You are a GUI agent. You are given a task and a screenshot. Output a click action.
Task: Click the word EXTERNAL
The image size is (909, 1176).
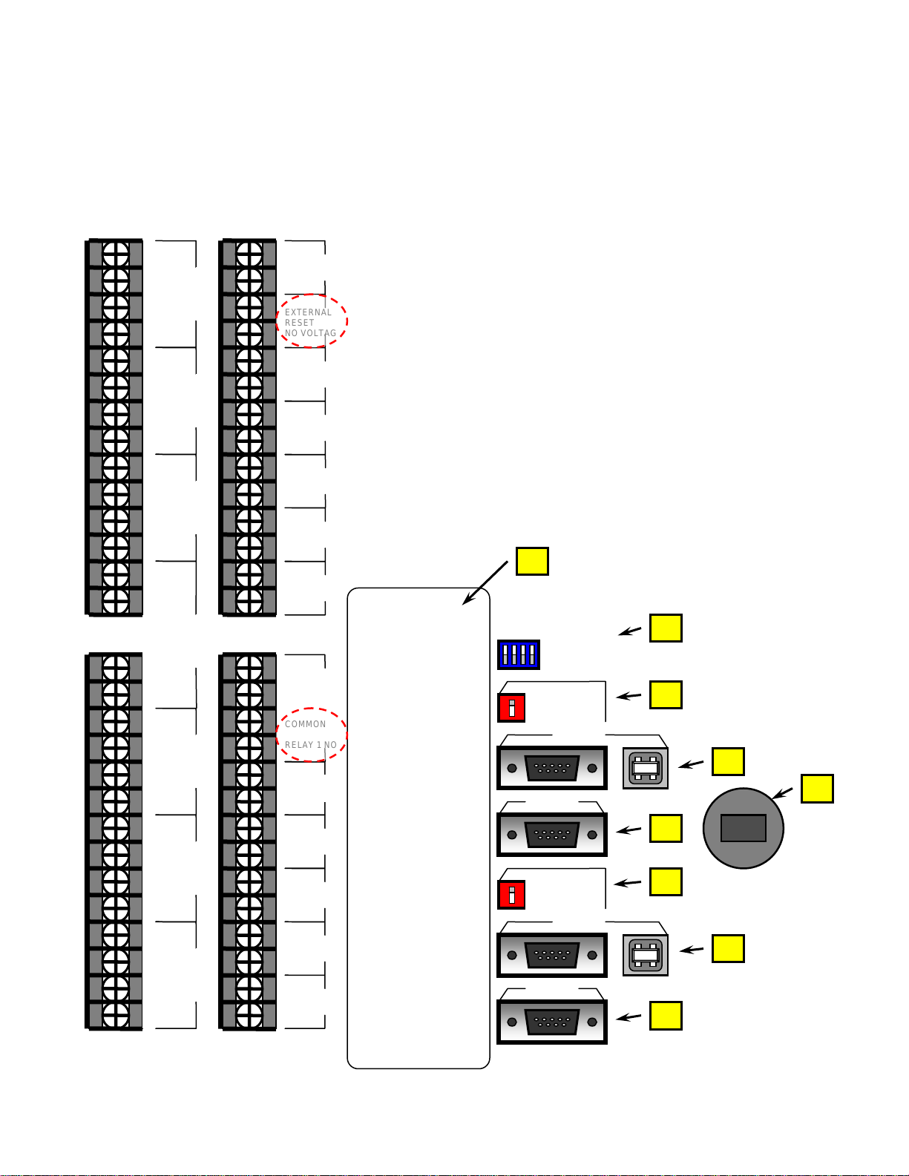pos(308,312)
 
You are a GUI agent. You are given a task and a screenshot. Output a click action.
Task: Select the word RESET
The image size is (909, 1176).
pos(299,323)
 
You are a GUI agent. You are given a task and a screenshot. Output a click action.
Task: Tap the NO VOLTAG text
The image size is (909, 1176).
pos(311,333)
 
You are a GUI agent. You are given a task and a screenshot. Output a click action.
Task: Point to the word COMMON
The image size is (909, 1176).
pos(305,724)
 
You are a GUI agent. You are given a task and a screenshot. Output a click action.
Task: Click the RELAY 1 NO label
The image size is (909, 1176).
pos(311,745)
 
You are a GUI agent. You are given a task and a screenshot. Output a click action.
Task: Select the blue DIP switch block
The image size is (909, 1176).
pos(519,655)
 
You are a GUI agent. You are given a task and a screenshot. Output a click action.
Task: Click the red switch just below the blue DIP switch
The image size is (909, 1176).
pos(511,708)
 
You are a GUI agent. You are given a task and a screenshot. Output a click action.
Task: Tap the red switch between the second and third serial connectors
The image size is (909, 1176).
pos(511,895)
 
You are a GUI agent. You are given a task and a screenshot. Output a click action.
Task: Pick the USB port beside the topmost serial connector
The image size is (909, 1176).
pos(646,769)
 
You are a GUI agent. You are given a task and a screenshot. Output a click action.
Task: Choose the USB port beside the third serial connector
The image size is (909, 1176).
pos(646,955)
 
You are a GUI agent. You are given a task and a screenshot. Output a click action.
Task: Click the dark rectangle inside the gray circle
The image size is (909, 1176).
pos(744,828)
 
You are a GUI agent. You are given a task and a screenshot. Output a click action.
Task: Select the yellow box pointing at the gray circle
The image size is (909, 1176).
pos(817,789)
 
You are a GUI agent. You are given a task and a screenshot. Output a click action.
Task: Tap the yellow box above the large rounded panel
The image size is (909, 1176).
pos(533,561)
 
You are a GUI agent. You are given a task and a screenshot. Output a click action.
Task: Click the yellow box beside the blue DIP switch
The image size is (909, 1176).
pos(666,628)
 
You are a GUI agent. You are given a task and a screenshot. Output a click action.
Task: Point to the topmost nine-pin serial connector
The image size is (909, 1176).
pos(552,768)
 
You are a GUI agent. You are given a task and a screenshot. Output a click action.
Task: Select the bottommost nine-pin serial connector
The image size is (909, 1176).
pos(552,1022)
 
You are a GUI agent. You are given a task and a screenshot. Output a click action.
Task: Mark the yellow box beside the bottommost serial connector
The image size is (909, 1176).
pos(666,1016)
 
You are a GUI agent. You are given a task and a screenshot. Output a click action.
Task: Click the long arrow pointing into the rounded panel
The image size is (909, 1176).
pos(485,583)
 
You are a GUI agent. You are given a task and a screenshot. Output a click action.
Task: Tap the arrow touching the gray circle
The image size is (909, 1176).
pos(782,793)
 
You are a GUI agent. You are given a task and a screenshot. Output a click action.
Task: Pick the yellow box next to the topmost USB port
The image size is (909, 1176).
pos(728,761)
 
